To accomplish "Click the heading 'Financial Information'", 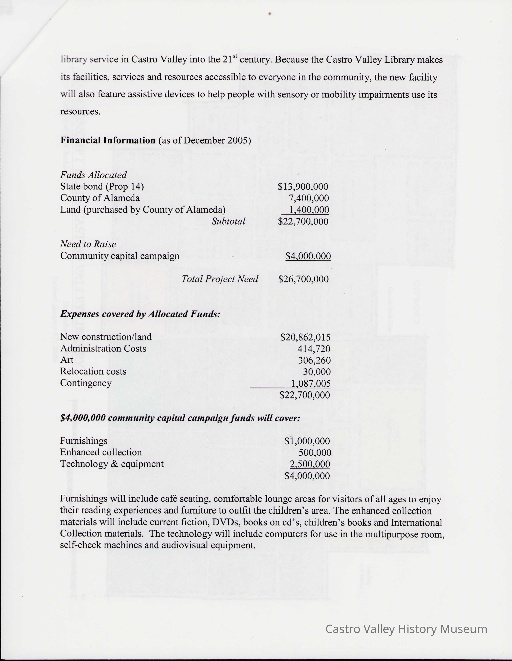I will [x=108, y=140].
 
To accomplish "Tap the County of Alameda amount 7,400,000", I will [x=309, y=198].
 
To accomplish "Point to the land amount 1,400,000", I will [x=309, y=210].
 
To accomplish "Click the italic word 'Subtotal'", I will [x=228, y=221].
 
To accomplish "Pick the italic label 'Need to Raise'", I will [x=88, y=244].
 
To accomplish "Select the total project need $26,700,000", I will [x=303, y=279].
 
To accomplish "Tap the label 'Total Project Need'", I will [x=220, y=279].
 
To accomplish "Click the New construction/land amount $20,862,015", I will [x=305, y=337].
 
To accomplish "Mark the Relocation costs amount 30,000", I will [x=317, y=372].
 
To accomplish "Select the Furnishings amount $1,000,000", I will [x=307, y=441].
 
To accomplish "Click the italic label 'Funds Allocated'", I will [x=93, y=175].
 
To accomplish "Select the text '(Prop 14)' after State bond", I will [x=124, y=186].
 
